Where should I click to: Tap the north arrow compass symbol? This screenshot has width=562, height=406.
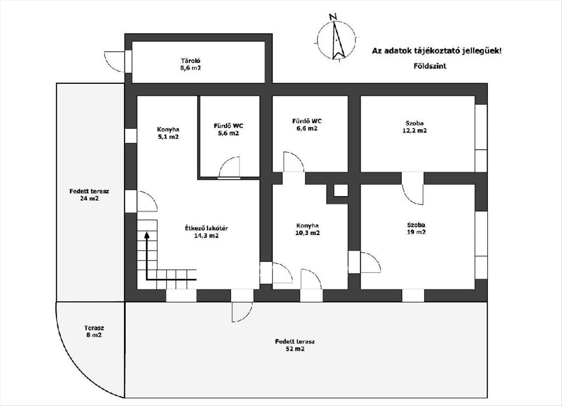[336, 39]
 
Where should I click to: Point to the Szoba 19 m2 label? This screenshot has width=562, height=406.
[415, 228]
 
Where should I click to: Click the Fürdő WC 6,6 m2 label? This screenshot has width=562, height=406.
[307, 124]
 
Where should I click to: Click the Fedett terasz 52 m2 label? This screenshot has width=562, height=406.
[295, 345]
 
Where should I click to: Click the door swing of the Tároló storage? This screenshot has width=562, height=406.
[114, 61]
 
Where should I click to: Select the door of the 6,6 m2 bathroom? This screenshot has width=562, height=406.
[294, 162]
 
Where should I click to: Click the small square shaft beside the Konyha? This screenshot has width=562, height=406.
[340, 190]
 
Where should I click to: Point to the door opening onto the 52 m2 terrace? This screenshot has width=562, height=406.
[243, 311]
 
